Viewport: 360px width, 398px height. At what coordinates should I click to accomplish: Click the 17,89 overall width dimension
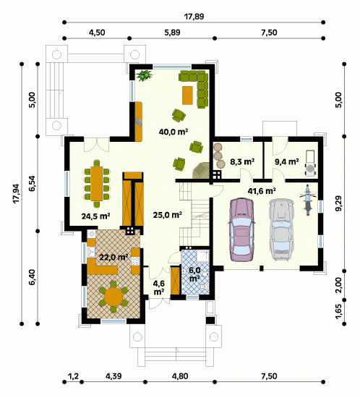point(194,17)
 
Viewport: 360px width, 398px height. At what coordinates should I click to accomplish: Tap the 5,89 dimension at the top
point(172,33)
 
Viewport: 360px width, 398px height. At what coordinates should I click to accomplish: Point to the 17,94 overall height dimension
point(16,193)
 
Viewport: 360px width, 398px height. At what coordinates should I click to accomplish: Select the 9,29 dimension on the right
point(338,203)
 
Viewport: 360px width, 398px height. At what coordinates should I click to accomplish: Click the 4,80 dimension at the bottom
point(180,376)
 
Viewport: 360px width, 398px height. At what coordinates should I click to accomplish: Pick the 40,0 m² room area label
point(173,132)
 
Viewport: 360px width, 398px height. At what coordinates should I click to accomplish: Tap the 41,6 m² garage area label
point(262,190)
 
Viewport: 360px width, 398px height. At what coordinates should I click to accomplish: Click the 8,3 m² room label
point(242,161)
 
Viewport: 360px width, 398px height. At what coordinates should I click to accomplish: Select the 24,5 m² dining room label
point(95,216)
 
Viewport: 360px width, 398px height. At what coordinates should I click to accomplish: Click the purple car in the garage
point(241,229)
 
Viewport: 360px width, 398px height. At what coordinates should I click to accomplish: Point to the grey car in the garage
point(281,229)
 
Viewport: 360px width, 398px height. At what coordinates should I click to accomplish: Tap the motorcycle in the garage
point(308,200)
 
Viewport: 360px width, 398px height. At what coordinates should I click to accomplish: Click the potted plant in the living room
point(145,75)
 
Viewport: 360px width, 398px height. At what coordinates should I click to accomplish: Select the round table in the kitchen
point(113,296)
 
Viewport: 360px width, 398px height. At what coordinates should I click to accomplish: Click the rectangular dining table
point(97,183)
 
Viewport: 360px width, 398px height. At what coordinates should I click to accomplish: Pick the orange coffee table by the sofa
point(187,96)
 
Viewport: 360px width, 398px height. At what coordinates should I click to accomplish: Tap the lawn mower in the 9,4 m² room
point(310,164)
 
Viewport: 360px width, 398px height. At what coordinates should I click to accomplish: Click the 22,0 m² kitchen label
point(113,257)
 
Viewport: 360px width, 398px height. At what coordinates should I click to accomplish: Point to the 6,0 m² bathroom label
point(194,274)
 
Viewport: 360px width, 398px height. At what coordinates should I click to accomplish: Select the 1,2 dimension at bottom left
point(74,376)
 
